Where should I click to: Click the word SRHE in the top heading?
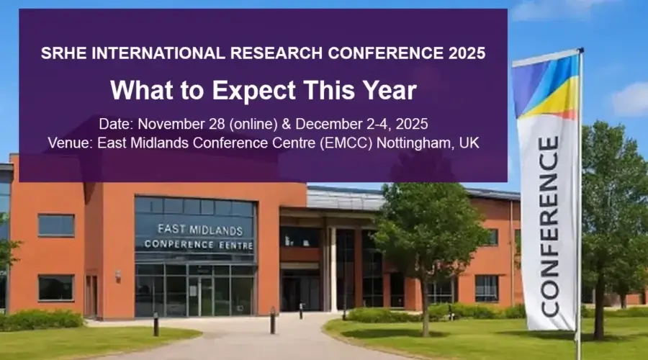(x=59, y=53)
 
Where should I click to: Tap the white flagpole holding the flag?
(x=580, y=216)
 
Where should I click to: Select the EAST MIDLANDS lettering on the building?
(x=194, y=228)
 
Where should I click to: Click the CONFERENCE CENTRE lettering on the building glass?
(x=198, y=244)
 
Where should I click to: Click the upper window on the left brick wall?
(x=56, y=225)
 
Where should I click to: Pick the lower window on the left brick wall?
(x=56, y=287)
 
